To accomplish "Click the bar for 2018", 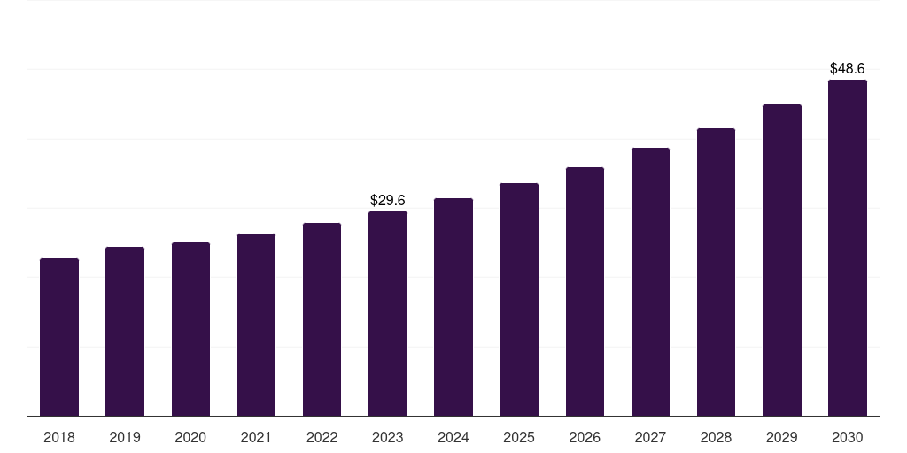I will point(59,337).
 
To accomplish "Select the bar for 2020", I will point(190,329).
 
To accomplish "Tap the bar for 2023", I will point(388,314).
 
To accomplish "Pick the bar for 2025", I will point(519,300).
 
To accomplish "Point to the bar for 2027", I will point(650,282).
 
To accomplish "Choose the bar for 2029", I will point(781,260).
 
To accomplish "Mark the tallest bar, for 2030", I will point(848,248).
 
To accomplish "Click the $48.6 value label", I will point(848,68).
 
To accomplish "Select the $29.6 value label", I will point(388,200).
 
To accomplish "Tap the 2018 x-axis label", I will point(59,437).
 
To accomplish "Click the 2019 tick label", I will point(125,437).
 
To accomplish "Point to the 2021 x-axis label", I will point(256,437).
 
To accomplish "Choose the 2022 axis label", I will point(322,437).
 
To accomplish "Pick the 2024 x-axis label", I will point(453,437).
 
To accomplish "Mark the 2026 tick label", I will point(585,437).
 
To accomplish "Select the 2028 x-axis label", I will point(716,437).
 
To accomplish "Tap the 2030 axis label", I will point(848,437).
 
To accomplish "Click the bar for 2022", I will point(322,319).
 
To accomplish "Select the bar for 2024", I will point(453,307).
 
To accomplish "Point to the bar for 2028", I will point(716,273).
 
